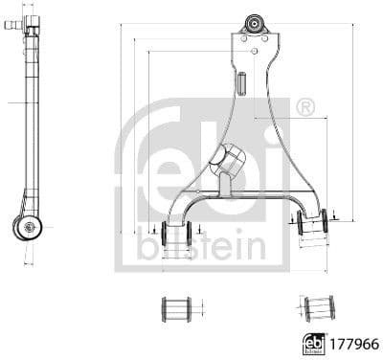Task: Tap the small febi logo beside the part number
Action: coord(312,341)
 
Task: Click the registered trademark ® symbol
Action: coord(305,107)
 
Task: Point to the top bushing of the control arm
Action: coord(255,24)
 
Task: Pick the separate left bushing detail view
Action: coord(176,308)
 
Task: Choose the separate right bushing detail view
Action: coord(319,308)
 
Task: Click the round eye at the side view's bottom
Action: coord(29,227)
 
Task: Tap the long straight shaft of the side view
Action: coord(32,115)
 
